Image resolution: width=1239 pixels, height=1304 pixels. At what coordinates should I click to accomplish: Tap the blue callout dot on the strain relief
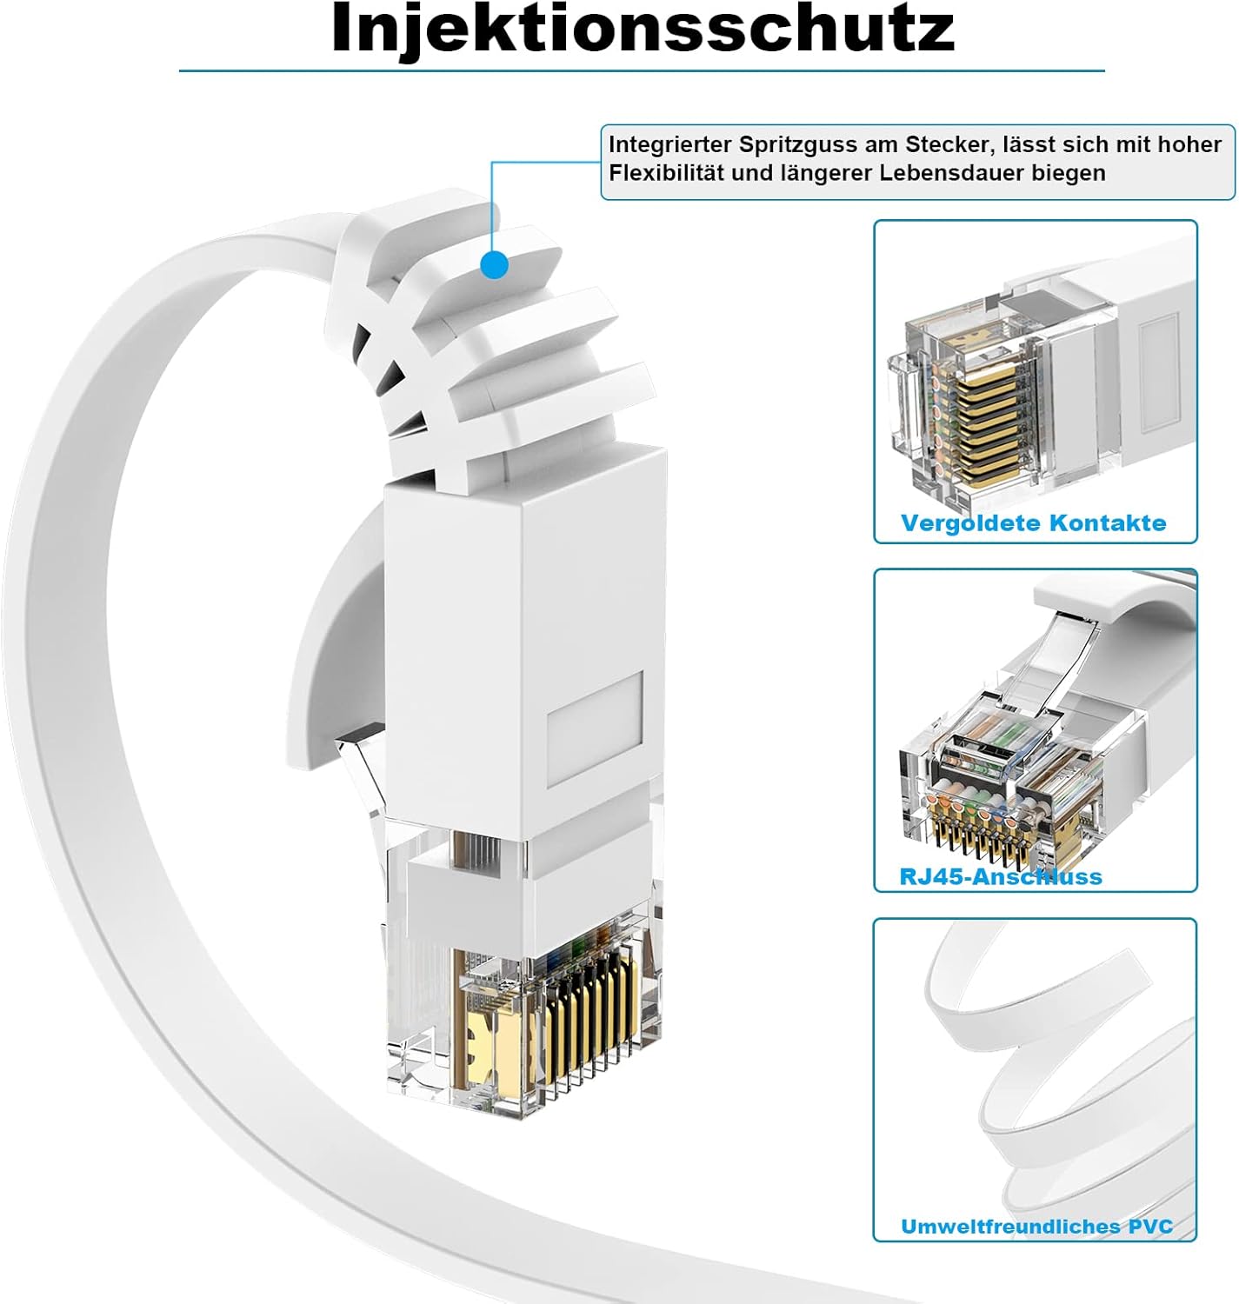pyautogui.click(x=494, y=264)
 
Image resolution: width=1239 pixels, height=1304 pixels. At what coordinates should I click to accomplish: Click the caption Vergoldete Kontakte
pyautogui.click(x=1033, y=523)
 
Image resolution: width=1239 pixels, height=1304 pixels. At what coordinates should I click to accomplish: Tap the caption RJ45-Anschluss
pyautogui.click(x=1000, y=876)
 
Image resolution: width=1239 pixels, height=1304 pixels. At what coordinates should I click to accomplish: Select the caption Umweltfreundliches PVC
pyautogui.click(x=1036, y=1227)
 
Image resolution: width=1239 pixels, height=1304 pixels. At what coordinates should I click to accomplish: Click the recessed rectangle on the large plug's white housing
pyautogui.click(x=595, y=729)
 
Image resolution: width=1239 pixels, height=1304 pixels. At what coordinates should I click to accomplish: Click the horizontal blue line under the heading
pyautogui.click(x=642, y=70)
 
